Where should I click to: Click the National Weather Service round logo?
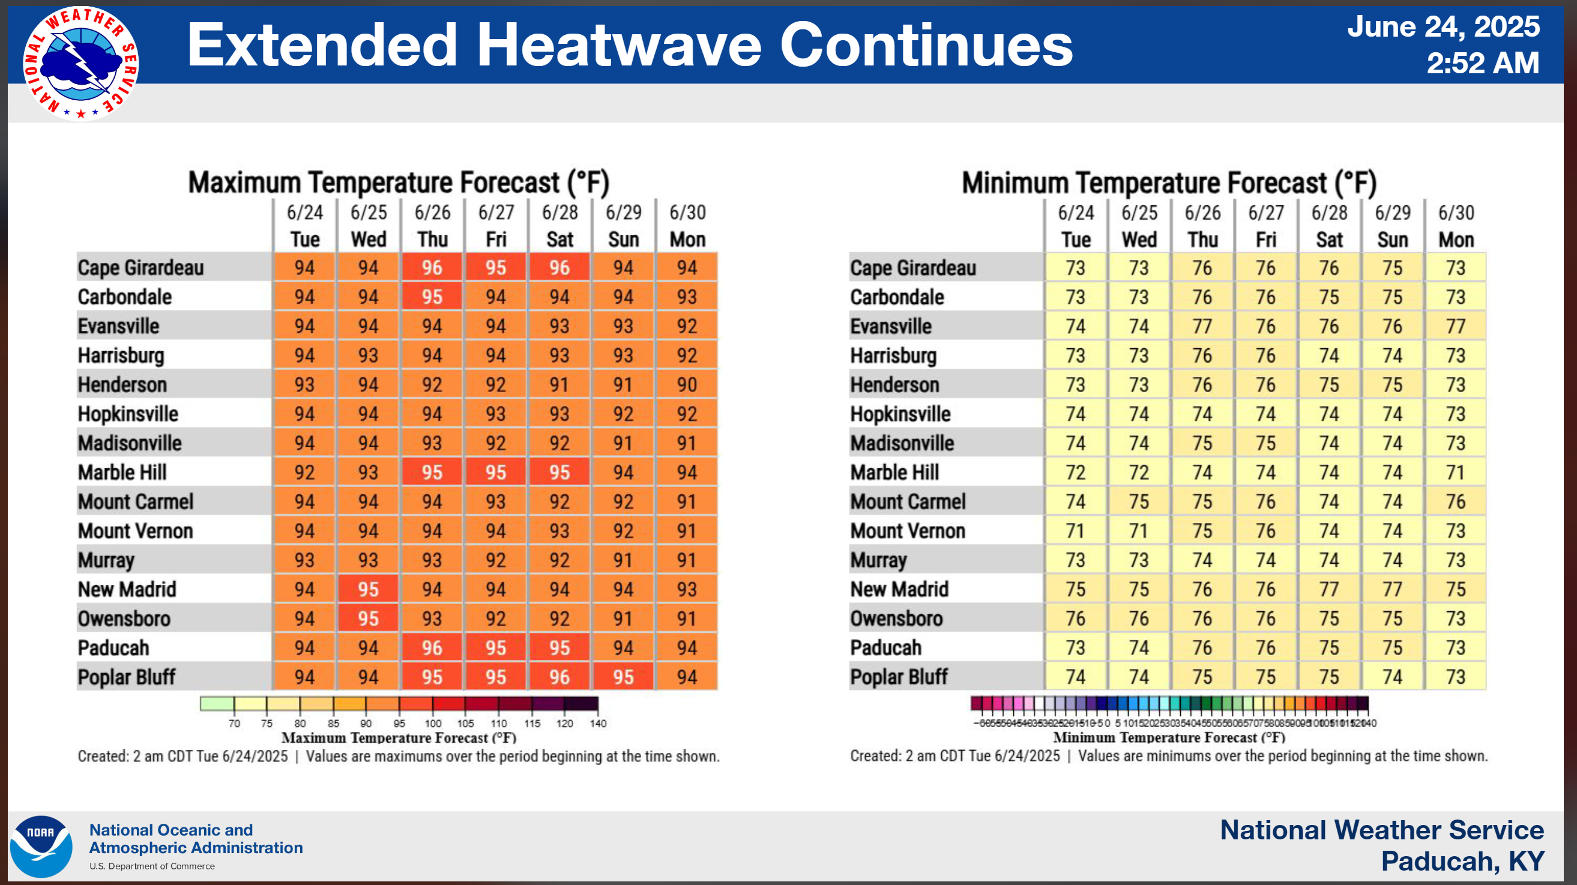[x=81, y=64]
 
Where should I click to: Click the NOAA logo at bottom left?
[x=41, y=846]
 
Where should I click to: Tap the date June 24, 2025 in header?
[x=1443, y=27]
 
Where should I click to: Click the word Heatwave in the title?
[x=618, y=44]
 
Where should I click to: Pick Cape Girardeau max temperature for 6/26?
[x=432, y=268]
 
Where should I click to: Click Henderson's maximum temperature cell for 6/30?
[x=686, y=385]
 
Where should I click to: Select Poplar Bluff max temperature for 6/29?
[x=623, y=677]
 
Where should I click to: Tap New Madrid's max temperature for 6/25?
[x=368, y=589]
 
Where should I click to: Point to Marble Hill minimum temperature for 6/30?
[x=1455, y=472]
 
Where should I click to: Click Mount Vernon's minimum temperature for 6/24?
[x=1075, y=530]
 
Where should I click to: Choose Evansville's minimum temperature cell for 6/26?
[x=1202, y=327]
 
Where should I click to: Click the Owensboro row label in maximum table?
[x=124, y=618]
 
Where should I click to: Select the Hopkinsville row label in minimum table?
[x=900, y=414]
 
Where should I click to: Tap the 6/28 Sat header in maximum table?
[x=559, y=225]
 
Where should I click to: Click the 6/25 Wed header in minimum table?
[x=1139, y=225]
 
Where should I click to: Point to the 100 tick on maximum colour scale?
[x=433, y=723]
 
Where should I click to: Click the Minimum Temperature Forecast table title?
[x=1169, y=183]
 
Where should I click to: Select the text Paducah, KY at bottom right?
[x=1462, y=860]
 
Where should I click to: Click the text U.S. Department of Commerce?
[x=152, y=866]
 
